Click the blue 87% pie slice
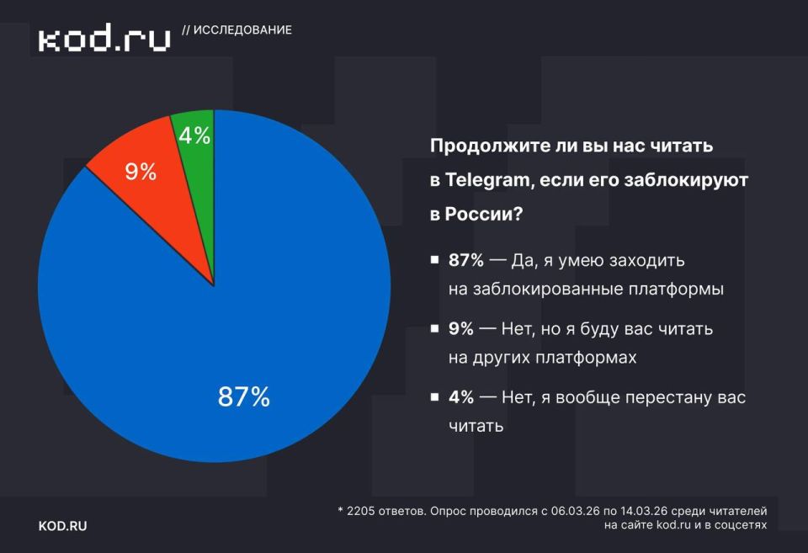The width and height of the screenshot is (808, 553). pos(252,337)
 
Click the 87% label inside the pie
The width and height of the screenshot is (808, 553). pos(243,397)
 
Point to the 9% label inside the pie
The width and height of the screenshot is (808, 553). pos(141,172)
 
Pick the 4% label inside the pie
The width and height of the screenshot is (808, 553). pos(194,135)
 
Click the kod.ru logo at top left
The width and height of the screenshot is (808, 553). pos(104,38)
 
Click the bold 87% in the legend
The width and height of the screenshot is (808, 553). pos(466,260)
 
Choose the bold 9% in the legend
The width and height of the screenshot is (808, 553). pos(461,328)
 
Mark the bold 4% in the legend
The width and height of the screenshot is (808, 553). pos(461,396)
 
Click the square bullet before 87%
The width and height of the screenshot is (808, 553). pos(434,260)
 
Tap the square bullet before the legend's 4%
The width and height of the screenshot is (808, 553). pos(434,396)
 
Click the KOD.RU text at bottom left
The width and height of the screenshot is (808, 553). pos(62,526)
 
